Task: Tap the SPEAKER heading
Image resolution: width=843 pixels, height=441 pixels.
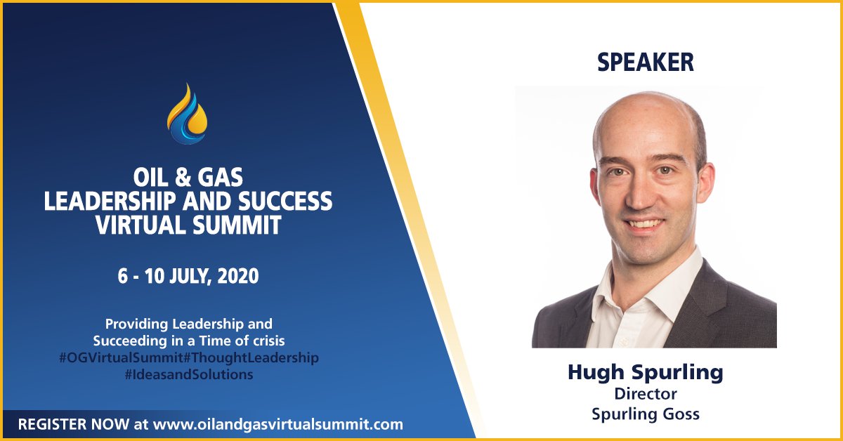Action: [x=645, y=62]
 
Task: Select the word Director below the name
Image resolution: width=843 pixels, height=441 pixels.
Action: [x=645, y=394]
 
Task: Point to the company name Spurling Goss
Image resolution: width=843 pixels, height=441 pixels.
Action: [x=645, y=414]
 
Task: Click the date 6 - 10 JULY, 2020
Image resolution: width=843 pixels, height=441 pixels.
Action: [x=188, y=276]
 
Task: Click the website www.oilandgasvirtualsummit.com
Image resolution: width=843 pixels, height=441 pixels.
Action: [x=278, y=424]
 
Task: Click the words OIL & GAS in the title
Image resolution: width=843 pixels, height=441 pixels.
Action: [x=188, y=178]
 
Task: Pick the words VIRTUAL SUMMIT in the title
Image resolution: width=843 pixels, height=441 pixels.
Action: [x=188, y=225]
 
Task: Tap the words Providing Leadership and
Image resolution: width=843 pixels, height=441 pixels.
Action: [x=188, y=324]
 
